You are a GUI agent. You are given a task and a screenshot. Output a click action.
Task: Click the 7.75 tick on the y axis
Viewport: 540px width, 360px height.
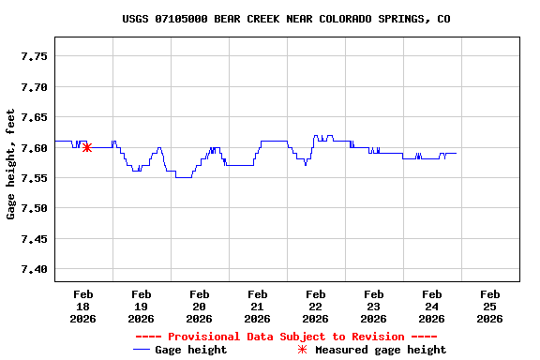point(34,56)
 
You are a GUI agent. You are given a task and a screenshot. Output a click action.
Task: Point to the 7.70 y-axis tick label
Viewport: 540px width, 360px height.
point(34,87)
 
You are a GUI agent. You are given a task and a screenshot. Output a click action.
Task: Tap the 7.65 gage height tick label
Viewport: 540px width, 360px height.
point(34,117)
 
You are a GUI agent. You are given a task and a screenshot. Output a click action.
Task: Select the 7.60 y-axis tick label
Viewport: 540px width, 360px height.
point(34,148)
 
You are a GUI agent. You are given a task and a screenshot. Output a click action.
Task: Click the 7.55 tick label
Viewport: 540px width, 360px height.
point(34,178)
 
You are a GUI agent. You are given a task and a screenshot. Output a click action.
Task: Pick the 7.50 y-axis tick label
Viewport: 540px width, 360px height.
point(34,208)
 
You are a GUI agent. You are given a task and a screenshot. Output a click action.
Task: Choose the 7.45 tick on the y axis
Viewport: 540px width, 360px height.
point(34,239)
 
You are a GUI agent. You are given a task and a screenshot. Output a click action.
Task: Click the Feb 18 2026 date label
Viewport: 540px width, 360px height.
point(83,306)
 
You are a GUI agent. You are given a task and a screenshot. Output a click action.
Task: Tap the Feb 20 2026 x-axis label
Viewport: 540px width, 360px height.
point(200,306)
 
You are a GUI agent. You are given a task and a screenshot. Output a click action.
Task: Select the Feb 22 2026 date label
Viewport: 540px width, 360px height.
point(316,306)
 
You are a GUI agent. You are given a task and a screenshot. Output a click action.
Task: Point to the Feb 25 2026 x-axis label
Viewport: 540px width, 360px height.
point(489,306)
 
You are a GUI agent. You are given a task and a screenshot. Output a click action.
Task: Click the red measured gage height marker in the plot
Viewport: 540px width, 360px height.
point(87,147)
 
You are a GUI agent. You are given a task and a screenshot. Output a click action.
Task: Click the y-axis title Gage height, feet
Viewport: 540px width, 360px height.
point(10,164)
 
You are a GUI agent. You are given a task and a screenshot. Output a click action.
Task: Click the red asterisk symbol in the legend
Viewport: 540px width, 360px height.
point(302,350)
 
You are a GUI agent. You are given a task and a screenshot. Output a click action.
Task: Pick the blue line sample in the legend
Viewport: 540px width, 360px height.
point(142,350)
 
